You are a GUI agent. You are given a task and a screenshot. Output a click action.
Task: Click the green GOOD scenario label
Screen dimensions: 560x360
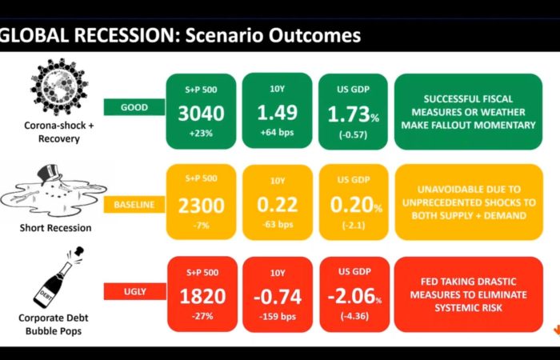click(134, 107)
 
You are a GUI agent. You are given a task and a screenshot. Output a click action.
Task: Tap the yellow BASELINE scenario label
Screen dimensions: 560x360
click(134, 205)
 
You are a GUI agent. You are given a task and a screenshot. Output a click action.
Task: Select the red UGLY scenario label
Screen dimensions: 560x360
click(134, 291)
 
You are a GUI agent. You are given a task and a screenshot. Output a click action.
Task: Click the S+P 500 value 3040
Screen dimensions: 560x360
click(201, 114)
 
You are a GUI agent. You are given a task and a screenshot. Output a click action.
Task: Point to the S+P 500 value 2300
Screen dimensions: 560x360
click(201, 206)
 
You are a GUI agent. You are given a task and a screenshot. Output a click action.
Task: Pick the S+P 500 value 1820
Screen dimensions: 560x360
click(202, 297)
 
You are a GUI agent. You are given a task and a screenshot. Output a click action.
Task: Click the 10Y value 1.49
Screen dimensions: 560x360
click(277, 112)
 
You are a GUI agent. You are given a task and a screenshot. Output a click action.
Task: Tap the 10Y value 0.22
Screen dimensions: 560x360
click(277, 204)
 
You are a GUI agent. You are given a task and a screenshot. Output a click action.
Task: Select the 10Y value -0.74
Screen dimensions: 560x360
click(278, 297)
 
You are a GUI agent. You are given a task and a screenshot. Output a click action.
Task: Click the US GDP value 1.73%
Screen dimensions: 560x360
click(354, 114)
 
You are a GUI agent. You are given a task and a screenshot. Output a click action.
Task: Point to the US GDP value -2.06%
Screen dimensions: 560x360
click(354, 297)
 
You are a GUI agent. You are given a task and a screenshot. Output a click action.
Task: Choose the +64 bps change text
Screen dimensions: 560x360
click(277, 133)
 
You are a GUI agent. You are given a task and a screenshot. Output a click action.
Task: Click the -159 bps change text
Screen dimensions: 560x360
click(278, 317)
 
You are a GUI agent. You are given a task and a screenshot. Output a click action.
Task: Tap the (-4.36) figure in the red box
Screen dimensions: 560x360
click(354, 317)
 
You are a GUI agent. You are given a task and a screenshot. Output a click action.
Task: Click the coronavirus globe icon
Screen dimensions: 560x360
click(59, 86)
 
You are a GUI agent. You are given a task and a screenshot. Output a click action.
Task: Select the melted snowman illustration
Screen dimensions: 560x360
click(54, 191)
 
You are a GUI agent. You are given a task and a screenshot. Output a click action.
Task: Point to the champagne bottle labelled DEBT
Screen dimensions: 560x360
click(53, 285)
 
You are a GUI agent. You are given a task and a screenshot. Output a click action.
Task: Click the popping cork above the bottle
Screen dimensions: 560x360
click(80, 251)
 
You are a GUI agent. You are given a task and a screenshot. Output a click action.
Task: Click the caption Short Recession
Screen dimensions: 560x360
click(55, 228)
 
